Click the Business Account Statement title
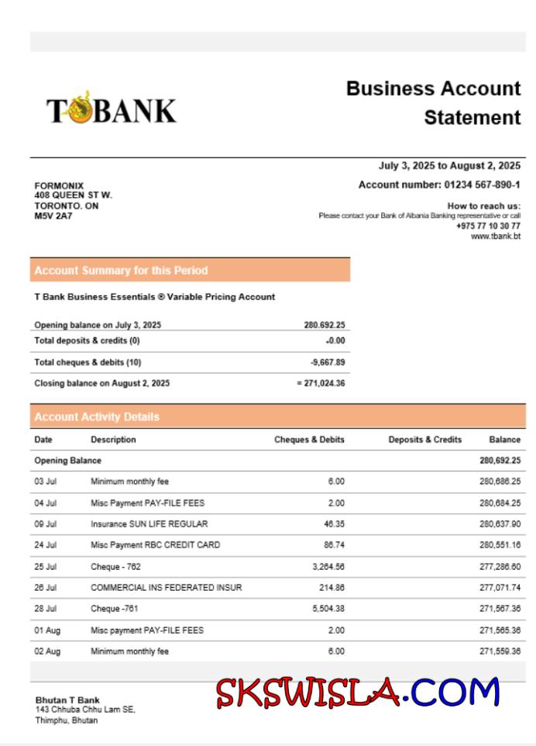pos(433,102)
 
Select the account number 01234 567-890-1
pos(482,185)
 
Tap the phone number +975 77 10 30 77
pos(488,226)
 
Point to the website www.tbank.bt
pos(496,236)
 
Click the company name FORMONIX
pos(59,186)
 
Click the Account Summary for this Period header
pos(121,271)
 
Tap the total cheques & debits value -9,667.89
pos(328,362)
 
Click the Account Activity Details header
pos(97,416)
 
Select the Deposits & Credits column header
pos(424,440)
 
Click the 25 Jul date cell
pos(45,567)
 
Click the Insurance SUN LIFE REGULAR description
pos(149,524)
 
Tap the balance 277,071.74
pos(500,588)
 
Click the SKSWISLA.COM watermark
pos(358,692)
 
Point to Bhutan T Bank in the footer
pos(67,700)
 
